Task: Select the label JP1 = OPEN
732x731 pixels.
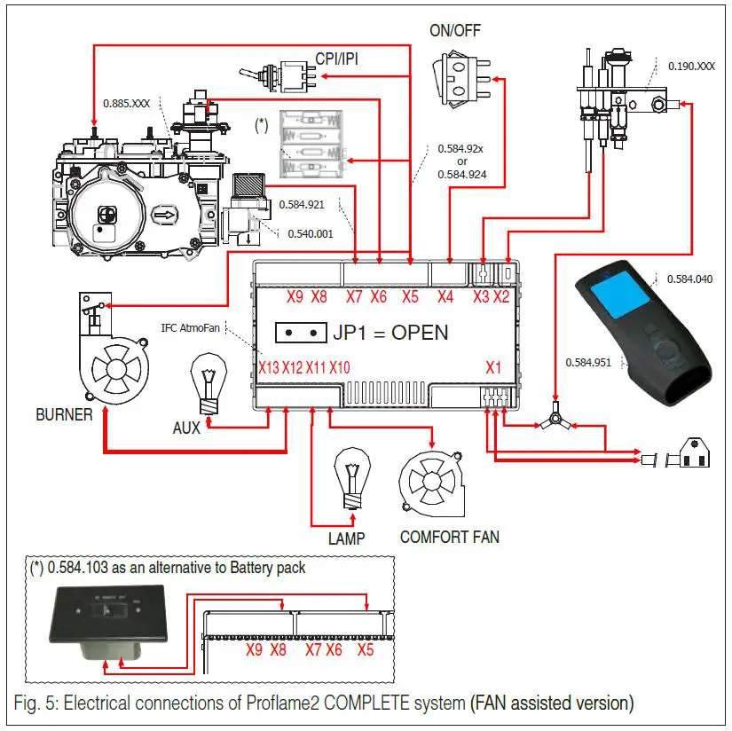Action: click(390, 333)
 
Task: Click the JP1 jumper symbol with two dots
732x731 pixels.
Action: click(300, 333)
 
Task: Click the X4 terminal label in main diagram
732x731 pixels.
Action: click(445, 297)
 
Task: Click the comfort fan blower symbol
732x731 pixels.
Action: click(433, 483)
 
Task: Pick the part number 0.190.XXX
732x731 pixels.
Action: click(693, 67)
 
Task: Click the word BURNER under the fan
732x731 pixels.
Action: click(64, 414)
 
